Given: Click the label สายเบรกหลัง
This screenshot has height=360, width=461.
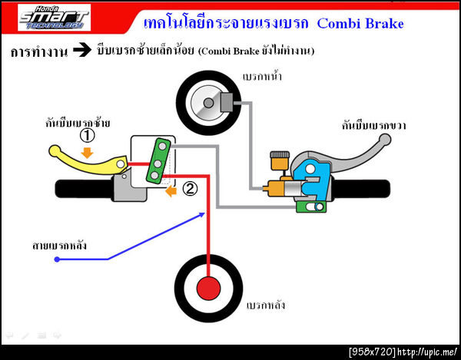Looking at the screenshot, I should pyautogui.click(x=59, y=246).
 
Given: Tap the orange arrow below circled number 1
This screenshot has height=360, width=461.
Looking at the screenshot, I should pyautogui.click(x=88, y=152).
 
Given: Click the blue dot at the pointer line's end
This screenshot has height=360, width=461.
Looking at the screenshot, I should pyautogui.click(x=58, y=260).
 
